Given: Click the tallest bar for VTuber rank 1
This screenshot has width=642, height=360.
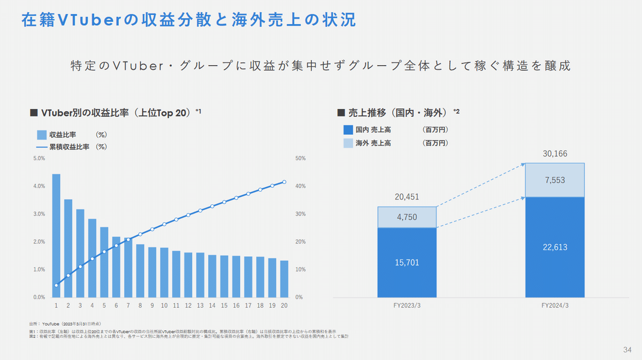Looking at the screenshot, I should (56, 235).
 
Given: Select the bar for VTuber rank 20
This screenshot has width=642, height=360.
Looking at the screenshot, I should (284, 279).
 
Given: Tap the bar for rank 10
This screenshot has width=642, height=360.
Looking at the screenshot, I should (164, 272).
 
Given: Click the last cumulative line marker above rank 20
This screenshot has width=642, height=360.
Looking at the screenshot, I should (284, 182).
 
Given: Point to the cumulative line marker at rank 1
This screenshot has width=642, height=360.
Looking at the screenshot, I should (56, 285).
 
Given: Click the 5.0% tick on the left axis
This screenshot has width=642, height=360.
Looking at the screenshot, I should (39, 158).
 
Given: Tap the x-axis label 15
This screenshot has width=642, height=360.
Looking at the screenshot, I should (224, 305).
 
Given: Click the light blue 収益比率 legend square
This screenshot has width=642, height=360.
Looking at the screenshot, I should (41, 135).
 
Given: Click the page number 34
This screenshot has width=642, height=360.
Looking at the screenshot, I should (628, 349).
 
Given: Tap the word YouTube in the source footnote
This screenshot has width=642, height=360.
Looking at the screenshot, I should (50, 324).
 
